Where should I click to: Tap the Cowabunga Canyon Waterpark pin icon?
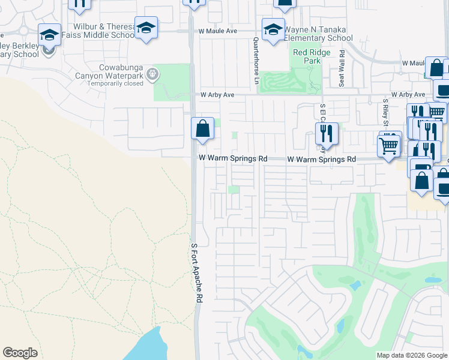(152, 74)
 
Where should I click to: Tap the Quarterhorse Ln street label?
(256, 61)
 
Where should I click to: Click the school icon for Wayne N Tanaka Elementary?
(273, 29)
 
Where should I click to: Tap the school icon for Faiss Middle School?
(146, 28)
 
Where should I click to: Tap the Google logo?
(20, 353)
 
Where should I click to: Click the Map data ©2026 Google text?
(412, 355)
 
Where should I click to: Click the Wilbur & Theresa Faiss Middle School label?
(104, 31)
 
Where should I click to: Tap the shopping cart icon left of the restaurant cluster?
(388, 145)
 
